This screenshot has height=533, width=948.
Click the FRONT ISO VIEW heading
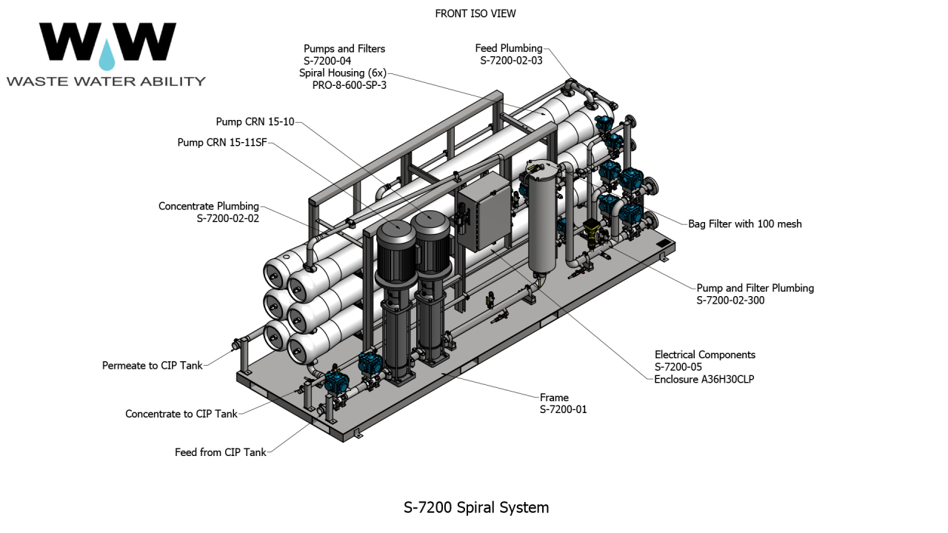pyautogui.click(x=475, y=13)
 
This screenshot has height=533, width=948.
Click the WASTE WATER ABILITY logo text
pyautogui.click(x=106, y=81)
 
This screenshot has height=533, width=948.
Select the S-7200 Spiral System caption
pyautogui.click(x=476, y=508)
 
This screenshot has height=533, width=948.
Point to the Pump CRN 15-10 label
pyautogui.click(x=255, y=121)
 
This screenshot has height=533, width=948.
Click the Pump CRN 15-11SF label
pyautogui.click(x=222, y=142)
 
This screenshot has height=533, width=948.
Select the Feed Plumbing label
pyautogui.click(x=509, y=49)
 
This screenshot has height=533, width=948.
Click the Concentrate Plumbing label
pyautogui.click(x=209, y=207)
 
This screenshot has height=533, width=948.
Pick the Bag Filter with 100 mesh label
pyautogui.click(x=745, y=224)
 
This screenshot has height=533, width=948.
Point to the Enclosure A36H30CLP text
pyautogui.click(x=704, y=379)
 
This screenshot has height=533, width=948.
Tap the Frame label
pyautogui.click(x=554, y=398)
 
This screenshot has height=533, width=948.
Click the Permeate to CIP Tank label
pyautogui.click(x=153, y=366)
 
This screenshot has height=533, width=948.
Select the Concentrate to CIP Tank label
pyautogui.click(x=181, y=414)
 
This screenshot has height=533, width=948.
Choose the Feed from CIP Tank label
pyautogui.click(x=221, y=452)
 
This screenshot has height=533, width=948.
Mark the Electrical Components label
pyautogui.click(x=704, y=355)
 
